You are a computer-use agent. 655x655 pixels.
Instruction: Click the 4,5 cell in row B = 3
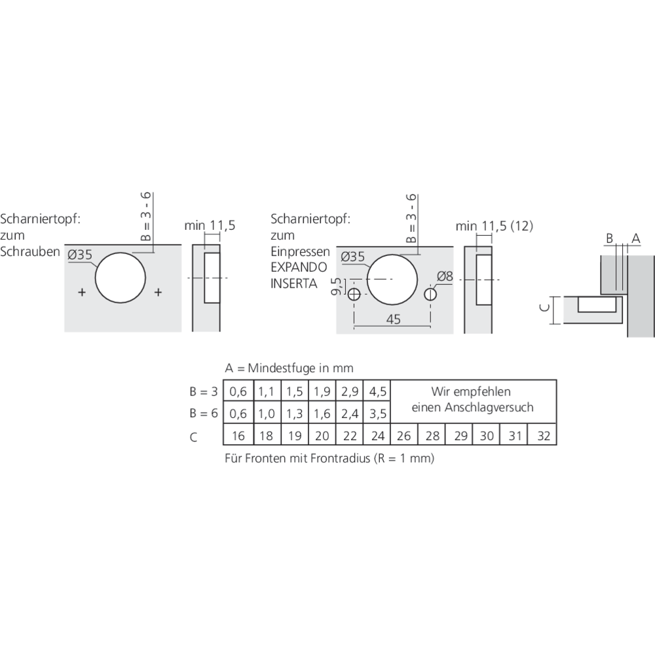tap(377, 392)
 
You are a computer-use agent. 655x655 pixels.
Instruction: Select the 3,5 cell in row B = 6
tap(377, 414)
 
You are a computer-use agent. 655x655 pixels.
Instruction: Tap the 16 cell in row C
tap(238, 436)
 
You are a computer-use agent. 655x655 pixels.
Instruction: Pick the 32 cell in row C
tap(543, 436)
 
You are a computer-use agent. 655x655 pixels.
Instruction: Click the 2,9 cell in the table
tap(350, 392)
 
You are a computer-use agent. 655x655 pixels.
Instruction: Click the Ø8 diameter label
tap(445, 277)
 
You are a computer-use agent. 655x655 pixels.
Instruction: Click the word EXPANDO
tap(294, 268)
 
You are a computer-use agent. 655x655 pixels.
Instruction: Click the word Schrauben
tap(31, 252)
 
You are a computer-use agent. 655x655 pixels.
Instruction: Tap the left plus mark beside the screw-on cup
tap(82, 292)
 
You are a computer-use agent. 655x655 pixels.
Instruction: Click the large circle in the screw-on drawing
tap(121, 278)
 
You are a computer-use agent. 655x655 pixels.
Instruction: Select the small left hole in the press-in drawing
tap(354, 295)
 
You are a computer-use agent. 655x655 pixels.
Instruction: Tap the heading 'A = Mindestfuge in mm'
tap(289, 369)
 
